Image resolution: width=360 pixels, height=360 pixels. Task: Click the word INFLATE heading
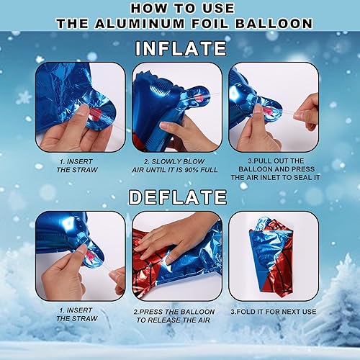(181, 48)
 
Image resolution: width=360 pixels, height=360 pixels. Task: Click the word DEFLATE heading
(178, 197)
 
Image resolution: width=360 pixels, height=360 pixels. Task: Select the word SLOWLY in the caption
(166, 161)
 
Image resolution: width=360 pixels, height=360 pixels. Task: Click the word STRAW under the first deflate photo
(86, 319)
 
